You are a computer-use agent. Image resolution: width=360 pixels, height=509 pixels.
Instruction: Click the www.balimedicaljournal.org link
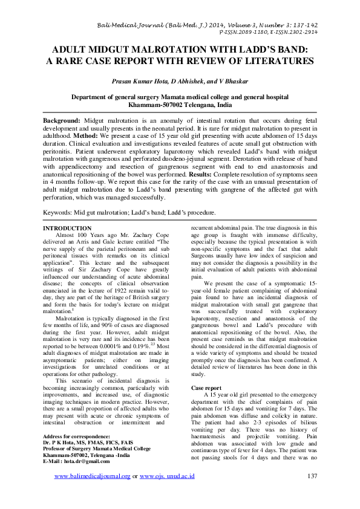tap(92, 493)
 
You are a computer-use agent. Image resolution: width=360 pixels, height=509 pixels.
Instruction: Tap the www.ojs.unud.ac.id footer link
tap(166, 493)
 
